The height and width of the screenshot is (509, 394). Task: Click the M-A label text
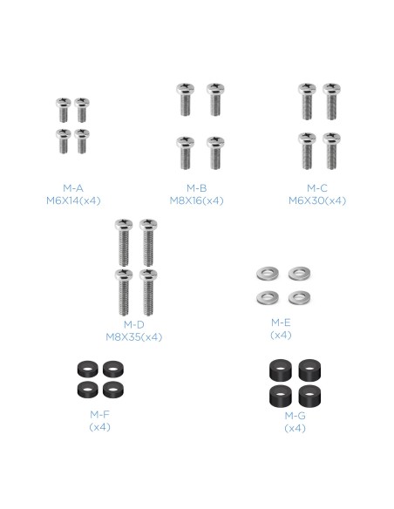[73, 187]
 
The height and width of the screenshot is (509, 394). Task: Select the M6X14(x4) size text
[73, 200]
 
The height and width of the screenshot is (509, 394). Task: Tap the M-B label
[196, 187]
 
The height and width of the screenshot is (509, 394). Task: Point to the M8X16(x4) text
[196, 200]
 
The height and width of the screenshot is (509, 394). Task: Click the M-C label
[316, 187]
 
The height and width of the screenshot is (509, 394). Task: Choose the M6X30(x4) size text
[316, 200]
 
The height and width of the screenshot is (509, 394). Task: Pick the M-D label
[133, 325]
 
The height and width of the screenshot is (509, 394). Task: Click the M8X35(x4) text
[133, 337]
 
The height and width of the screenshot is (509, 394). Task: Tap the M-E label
[281, 322]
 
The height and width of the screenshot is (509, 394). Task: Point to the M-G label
[295, 416]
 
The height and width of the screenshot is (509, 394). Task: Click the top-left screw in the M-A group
[64, 109]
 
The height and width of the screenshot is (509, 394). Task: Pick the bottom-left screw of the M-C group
[306, 149]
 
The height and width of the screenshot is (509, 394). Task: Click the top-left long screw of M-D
[124, 245]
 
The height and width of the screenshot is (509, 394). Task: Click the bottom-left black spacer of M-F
[85, 389]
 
